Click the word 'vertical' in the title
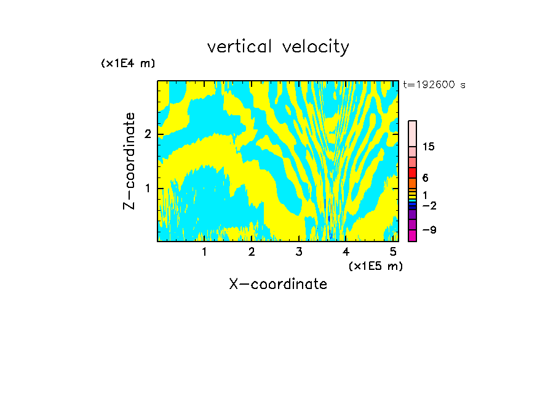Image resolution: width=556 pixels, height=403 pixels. point(240,47)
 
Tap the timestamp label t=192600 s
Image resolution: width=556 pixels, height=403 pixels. point(434,84)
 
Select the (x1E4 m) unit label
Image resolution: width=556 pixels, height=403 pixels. point(128,63)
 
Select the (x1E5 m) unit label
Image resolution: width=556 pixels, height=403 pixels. point(376,266)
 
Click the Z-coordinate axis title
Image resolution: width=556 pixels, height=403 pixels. point(129,161)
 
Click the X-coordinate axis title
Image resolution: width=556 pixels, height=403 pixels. point(278,284)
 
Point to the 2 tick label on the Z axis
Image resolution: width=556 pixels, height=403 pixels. point(148,134)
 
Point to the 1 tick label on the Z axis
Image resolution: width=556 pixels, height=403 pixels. point(148,189)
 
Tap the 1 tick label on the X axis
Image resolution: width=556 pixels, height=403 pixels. point(204,252)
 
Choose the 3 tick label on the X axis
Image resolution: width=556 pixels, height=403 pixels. point(299,252)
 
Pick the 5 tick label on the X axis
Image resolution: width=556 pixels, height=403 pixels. point(393,252)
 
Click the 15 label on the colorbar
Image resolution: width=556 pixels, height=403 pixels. point(429,147)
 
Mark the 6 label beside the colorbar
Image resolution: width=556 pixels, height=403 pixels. point(426,177)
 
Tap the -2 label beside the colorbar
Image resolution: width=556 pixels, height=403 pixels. point(429,205)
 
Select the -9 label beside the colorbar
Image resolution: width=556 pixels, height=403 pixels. point(429,230)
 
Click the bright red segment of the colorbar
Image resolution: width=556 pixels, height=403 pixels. point(413,173)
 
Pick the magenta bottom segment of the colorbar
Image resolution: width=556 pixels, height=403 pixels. point(413,235)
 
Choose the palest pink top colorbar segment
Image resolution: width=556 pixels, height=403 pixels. point(413,134)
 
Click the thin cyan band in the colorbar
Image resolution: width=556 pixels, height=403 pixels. point(413,201)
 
